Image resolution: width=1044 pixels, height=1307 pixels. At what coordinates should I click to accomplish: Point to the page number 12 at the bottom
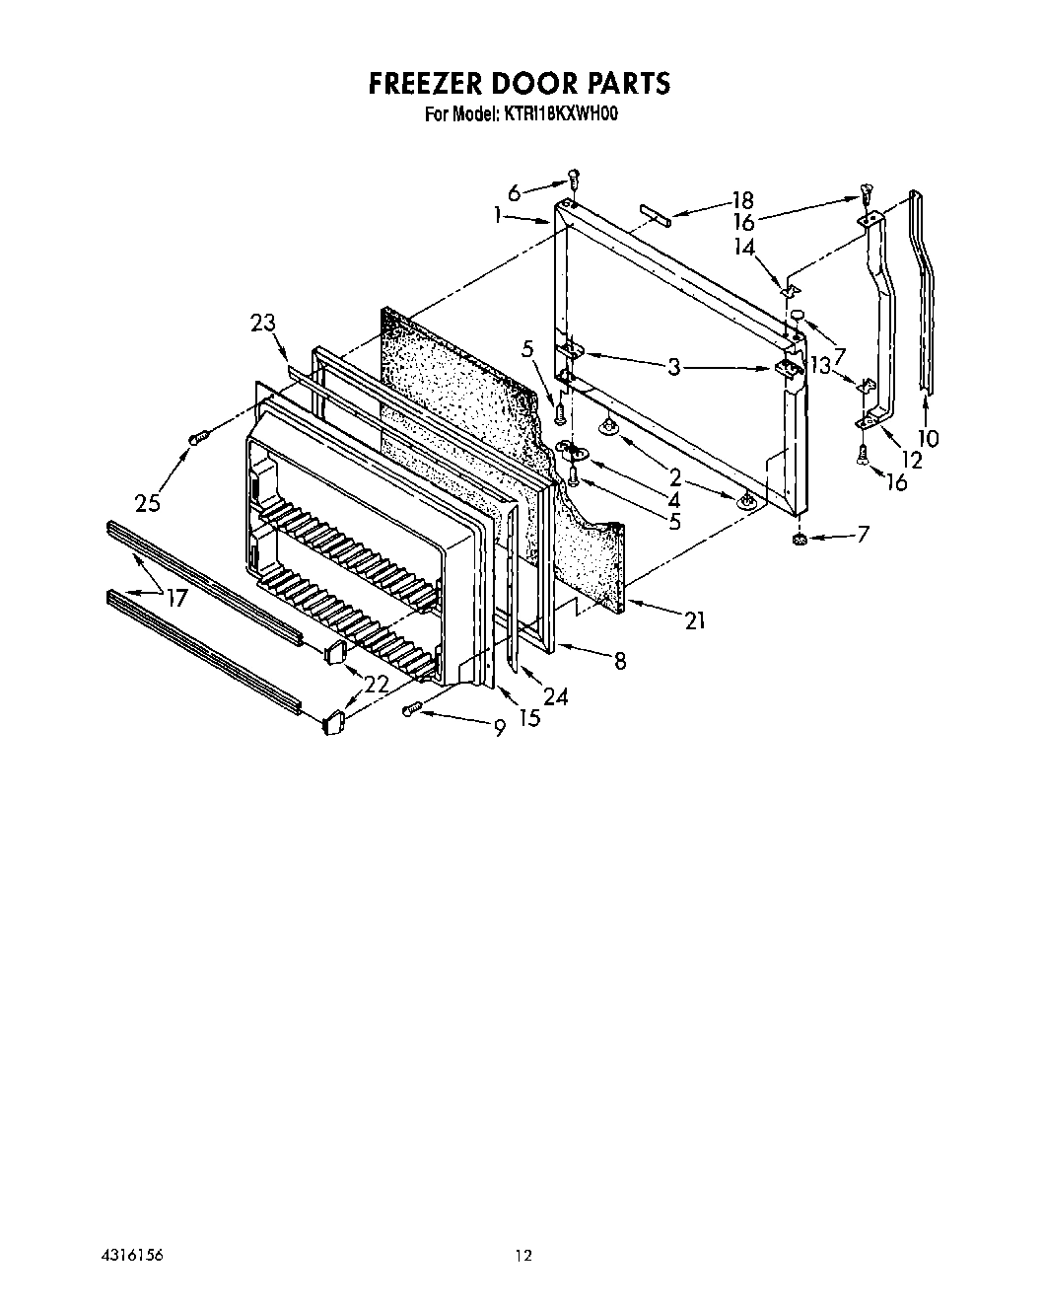[522, 1256]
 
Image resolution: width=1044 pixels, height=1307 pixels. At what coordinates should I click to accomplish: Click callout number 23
[262, 323]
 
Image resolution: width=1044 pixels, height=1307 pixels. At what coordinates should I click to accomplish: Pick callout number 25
[149, 502]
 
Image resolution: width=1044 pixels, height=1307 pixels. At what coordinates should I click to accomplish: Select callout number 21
[696, 620]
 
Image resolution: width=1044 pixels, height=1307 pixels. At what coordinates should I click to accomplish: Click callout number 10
[928, 437]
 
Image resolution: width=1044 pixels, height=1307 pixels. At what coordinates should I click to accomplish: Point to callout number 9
[499, 728]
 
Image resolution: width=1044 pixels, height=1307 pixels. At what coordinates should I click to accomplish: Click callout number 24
[555, 696]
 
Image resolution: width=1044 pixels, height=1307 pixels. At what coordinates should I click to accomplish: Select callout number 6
[514, 193]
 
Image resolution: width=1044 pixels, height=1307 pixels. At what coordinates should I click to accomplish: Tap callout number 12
[910, 459]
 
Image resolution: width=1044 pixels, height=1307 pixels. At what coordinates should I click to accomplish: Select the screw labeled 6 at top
[574, 179]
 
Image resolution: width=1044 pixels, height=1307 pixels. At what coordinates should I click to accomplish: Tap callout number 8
[619, 661]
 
